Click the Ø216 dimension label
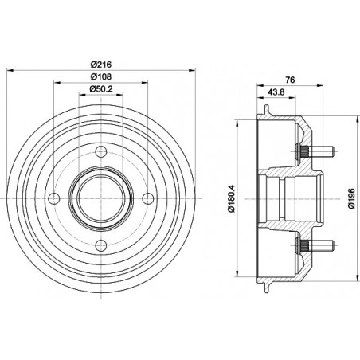100,65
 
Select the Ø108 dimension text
100,76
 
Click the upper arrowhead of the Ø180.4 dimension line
239,127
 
